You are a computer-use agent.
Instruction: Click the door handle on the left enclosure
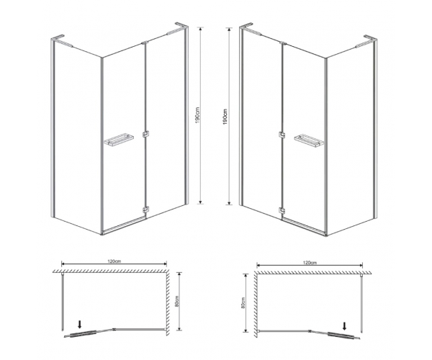coord(119,140)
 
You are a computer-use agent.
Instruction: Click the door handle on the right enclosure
coord(309,140)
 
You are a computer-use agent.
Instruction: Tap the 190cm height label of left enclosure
coord(197,115)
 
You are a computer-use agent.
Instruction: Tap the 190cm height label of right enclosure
coord(225,117)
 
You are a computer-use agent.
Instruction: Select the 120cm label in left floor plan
coord(114,261)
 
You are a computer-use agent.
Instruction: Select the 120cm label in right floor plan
coord(310,263)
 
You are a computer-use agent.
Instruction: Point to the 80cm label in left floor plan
coord(177,301)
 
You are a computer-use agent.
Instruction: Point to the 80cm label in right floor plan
coord(243,302)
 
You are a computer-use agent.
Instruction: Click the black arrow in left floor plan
coord(80,324)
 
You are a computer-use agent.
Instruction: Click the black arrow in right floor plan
coord(344,326)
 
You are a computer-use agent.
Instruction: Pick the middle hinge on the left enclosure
coord(145,134)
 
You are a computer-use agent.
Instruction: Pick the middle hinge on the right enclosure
coord(282,135)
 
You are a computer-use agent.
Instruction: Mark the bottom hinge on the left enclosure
coord(145,210)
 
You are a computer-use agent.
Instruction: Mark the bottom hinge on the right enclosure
coord(282,211)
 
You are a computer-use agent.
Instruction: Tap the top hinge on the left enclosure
coord(144,43)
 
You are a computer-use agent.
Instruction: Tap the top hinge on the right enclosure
coord(283,43)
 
